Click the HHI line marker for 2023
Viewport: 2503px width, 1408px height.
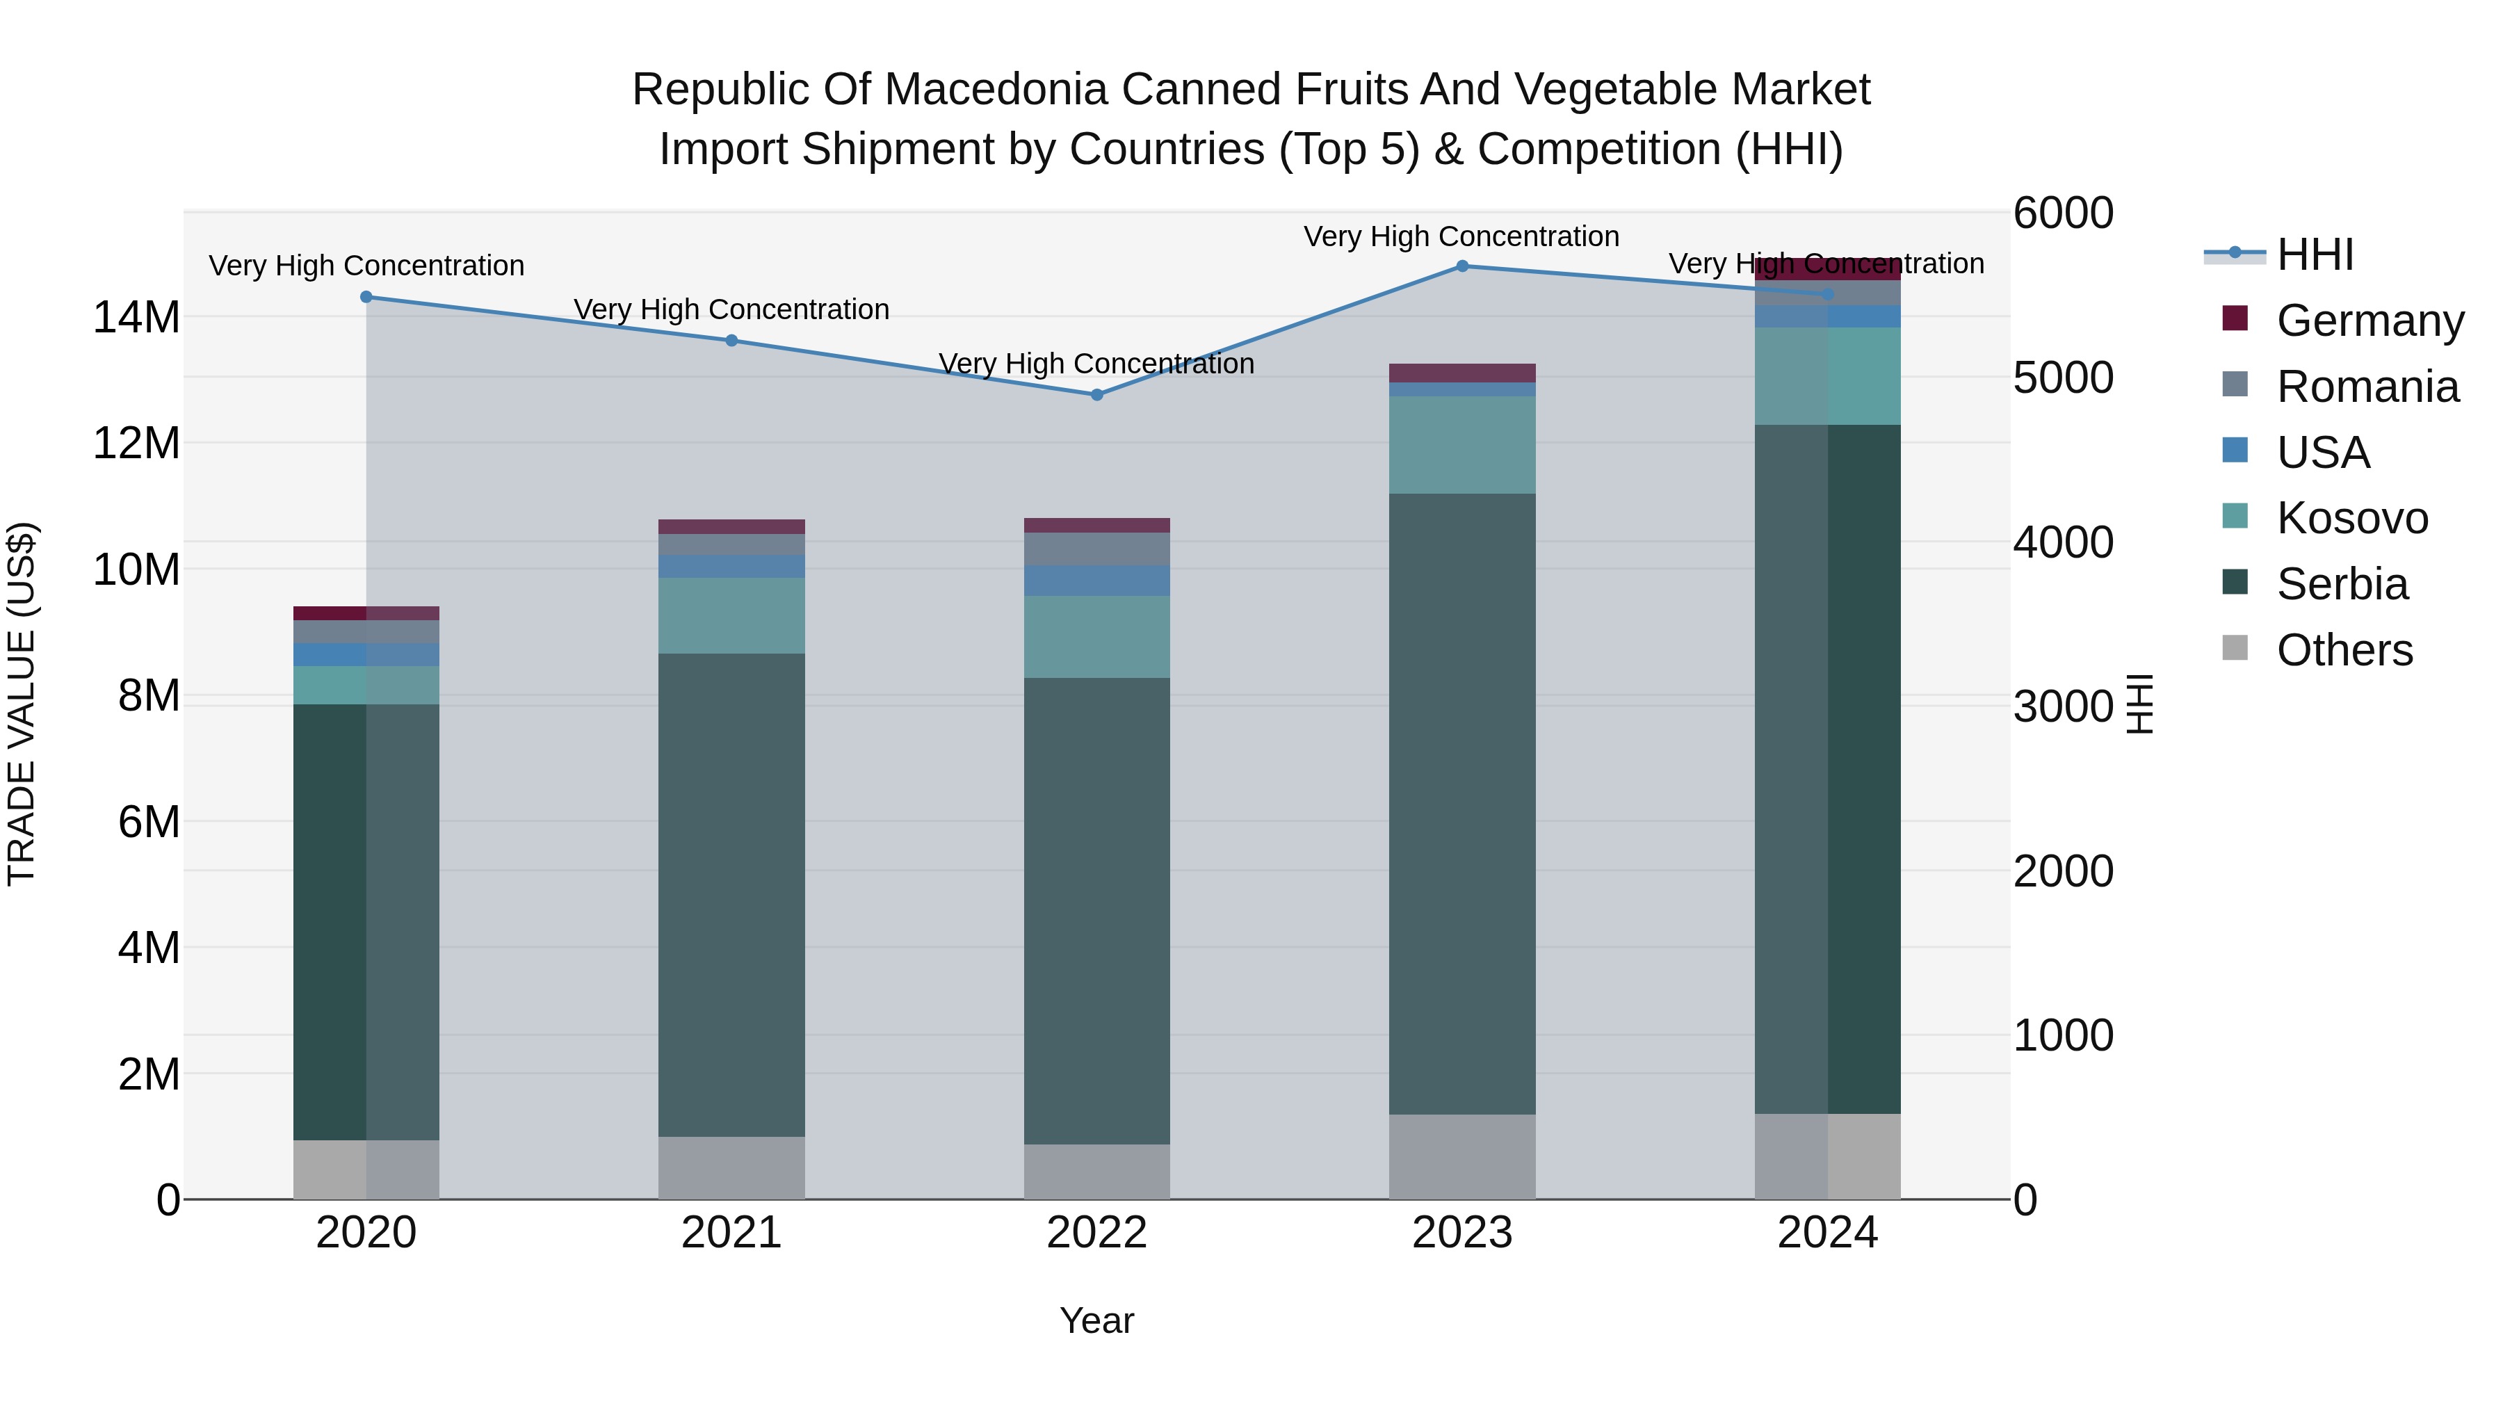(x=1461, y=266)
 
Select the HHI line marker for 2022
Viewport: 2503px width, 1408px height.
(x=1097, y=394)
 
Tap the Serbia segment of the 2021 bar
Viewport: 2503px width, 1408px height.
(x=731, y=894)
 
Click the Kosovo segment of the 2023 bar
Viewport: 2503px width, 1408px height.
(x=1461, y=445)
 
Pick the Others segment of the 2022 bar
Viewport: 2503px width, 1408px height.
(x=1097, y=1171)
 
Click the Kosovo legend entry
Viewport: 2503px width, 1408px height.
(x=2351, y=518)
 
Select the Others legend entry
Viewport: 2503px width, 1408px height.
(x=2344, y=650)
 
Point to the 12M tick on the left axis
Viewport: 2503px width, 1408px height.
(x=136, y=443)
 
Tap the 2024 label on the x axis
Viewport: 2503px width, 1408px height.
(x=1826, y=1233)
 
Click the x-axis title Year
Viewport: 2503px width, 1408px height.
(x=1097, y=1320)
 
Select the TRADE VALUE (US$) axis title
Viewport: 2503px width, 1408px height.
(x=22, y=704)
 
